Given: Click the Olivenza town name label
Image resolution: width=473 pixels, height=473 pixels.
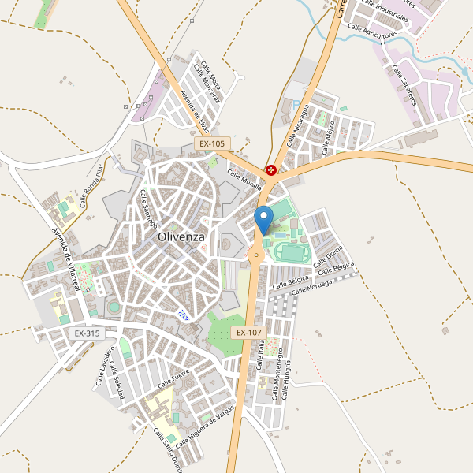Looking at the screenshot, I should click(181, 236).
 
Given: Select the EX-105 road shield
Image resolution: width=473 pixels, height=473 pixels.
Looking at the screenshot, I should click(212, 144).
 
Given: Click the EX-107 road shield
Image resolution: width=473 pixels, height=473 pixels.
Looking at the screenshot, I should click(248, 333).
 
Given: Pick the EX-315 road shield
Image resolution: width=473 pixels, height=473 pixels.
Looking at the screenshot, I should click(88, 333).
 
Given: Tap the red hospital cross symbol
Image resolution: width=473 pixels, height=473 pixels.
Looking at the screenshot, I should click(271, 169).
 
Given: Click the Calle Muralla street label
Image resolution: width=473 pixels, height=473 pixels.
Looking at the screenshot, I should click(244, 181).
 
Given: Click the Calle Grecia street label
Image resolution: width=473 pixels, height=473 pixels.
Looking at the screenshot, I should click(329, 257).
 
